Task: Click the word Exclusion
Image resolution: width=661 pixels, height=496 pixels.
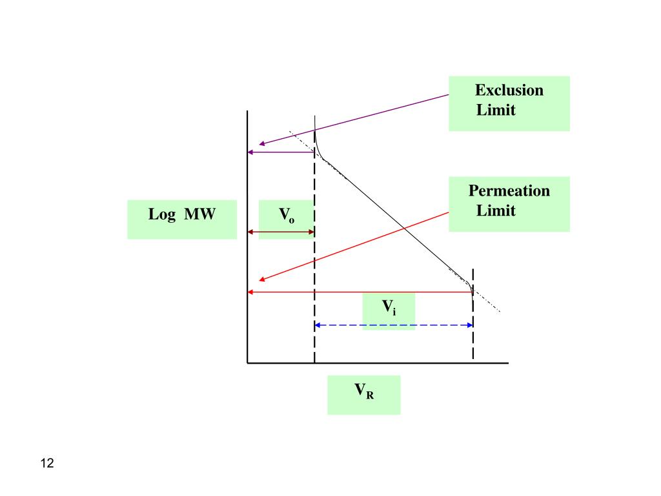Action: [x=509, y=90]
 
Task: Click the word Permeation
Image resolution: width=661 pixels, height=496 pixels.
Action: [x=509, y=191]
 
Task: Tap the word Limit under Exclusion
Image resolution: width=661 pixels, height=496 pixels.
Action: [x=496, y=110]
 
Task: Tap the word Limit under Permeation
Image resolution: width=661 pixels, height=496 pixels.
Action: [x=496, y=211]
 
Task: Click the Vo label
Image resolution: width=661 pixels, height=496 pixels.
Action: [x=287, y=214]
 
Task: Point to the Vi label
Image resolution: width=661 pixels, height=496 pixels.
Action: [x=389, y=307]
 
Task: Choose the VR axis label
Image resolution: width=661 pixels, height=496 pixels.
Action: [x=363, y=391]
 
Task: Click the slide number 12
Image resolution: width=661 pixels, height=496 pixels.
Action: [x=46, y=463]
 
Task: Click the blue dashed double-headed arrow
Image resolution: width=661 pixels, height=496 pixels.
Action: [x=394, y=325]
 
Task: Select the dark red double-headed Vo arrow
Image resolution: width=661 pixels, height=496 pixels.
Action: [x=281, y=232]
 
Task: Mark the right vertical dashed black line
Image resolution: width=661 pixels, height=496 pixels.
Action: [x=473, y=336]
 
